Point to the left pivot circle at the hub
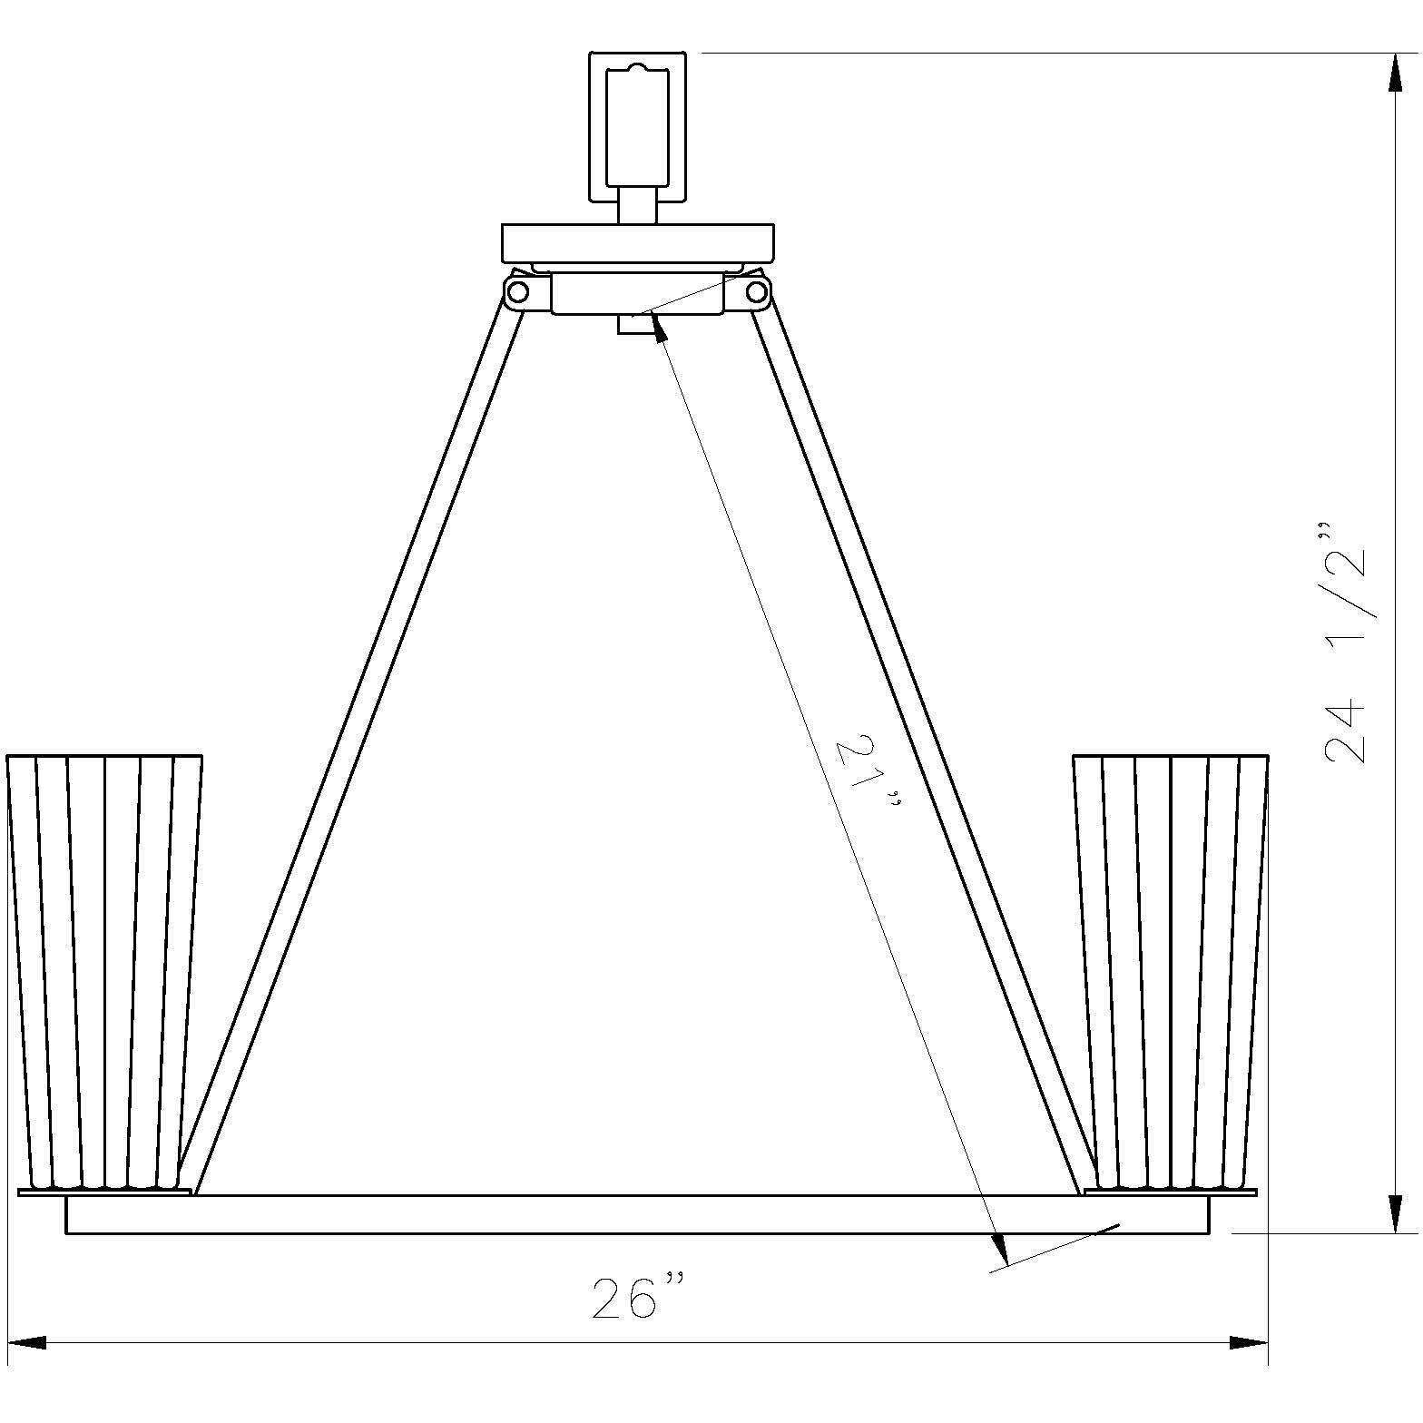(518, 292)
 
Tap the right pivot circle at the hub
(756, 292)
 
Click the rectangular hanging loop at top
(637, 127)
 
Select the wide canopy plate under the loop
(638, 243)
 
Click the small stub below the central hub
(633, 324)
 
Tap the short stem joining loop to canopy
(637, 204)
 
